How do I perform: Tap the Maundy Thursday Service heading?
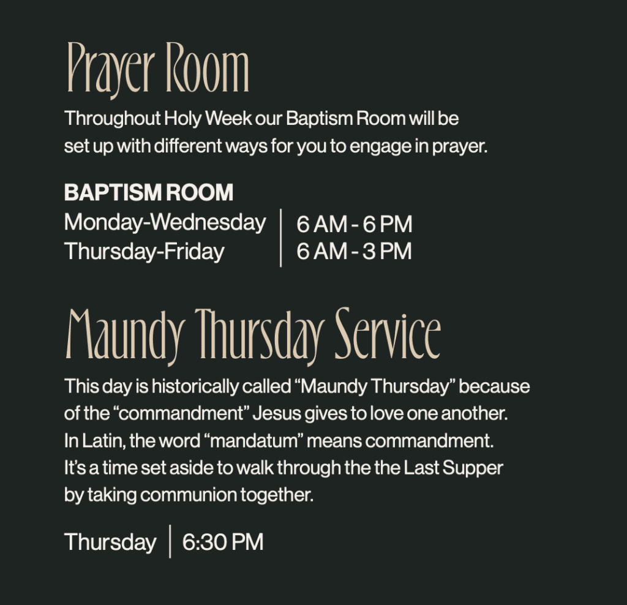[253, 337]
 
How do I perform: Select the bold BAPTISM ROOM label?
[149, 192]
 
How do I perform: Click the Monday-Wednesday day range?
[165, 222]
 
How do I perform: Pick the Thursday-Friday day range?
[145, 252]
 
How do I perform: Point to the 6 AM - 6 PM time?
[355, 224]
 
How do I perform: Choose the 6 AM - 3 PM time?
[355, 252]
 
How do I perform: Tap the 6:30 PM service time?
[223, 542]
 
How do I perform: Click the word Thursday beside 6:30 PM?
[110, 542]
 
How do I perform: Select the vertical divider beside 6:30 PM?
[170, 541]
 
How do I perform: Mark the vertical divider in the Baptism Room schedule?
[280, 238]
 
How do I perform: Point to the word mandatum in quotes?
[254, 441]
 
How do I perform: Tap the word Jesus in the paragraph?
[277, 413]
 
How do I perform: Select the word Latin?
[103, 441]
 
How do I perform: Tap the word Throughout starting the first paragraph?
[113, 119]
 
